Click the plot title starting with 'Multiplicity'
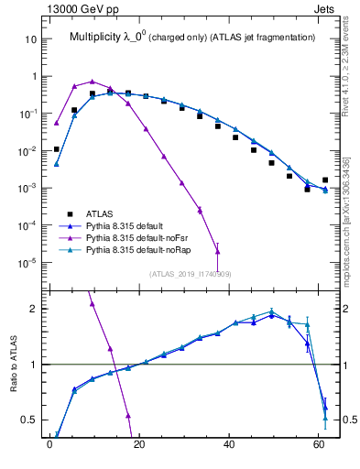pos(192,37)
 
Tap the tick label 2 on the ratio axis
pos(38,309)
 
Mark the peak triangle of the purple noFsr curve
pos(92,82)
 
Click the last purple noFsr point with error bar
pos(217,251)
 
